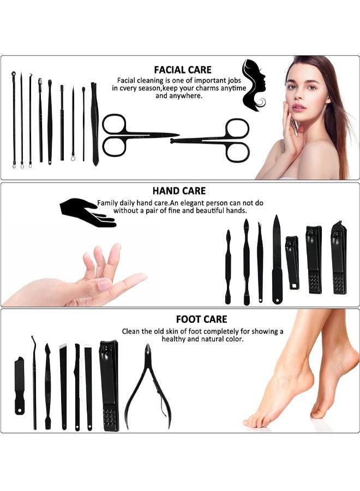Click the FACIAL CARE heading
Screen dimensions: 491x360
click(x=183, y=70)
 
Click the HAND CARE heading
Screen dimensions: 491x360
click(x=179, y=191)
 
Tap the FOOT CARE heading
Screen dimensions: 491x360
click(x=201, y=319)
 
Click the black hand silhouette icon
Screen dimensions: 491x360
click(x=87, y=212)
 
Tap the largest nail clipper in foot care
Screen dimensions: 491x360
click(x=109, y=385)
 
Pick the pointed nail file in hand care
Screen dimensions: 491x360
click(x=277, y=259)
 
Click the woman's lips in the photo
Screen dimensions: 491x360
click(x=298, y=107)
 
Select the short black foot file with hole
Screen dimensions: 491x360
click(x=20, y=385)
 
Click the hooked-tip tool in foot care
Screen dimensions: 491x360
click(x=34, y=382)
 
